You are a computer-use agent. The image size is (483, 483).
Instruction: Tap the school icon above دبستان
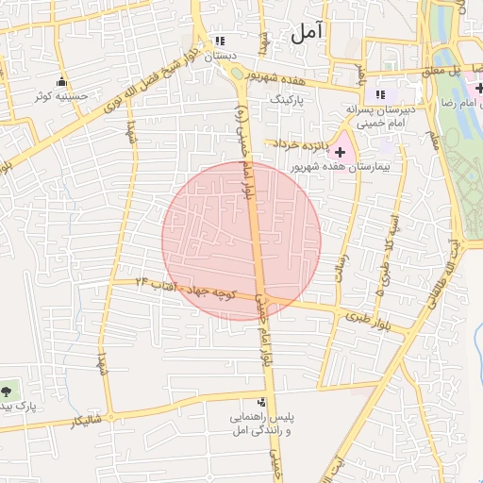pyautogui.click(x=220, y=42)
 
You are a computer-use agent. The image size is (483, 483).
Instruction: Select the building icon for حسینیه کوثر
pyautogui.click(x=62, y=81)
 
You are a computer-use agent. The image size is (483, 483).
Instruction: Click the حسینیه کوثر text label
pyautogui.click(x=62, y=95)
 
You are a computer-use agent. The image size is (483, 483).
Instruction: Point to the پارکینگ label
pyautogui.click(x=289, y=98)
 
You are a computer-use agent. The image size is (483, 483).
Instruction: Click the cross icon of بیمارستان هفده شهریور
pyautogui.click(x=340, y=152)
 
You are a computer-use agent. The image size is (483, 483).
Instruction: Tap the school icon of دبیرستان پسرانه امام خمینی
pyautogui.click(x=380, y=94)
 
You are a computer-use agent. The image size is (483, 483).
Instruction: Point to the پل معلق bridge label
pyautogui.click(x=442, y=72)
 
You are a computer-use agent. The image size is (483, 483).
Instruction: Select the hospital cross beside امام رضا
pyautogui.click(x=479, y=89)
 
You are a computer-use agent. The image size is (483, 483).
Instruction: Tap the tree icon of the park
pyautogui.click(x=8, y=389)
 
